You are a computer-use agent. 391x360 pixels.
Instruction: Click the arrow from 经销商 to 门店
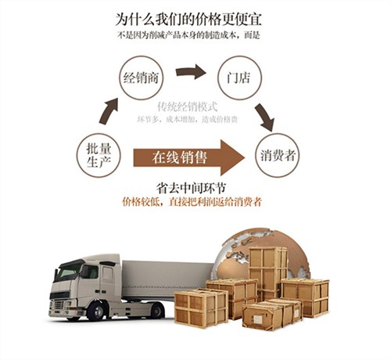[191, 71]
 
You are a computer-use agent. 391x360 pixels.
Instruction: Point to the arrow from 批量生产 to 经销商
[108, 111]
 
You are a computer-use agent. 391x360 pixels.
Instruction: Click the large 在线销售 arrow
[189, 157]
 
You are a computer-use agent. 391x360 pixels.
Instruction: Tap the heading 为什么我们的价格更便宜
[188, 19]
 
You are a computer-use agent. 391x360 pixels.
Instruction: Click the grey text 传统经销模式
[187, 106]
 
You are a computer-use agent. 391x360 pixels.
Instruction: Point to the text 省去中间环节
[191, 188]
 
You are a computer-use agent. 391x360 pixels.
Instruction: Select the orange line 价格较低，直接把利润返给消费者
[192, 202]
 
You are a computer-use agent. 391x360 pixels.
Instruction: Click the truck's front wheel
[96, 311]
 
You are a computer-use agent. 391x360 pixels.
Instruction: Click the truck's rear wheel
[157, 311]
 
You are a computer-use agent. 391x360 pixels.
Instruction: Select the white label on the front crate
[258, 319]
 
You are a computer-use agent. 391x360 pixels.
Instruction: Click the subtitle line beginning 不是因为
[188, 35]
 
